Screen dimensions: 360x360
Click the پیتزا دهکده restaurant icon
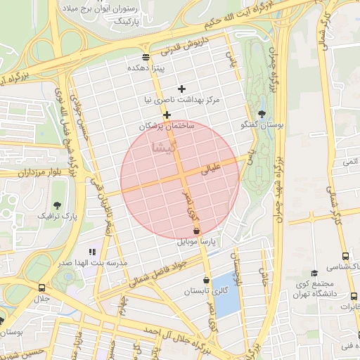146,57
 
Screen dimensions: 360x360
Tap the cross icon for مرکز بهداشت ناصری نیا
182,89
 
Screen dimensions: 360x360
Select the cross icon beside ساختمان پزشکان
167,115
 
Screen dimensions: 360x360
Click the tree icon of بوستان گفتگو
262,113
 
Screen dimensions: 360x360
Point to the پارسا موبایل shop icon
196,231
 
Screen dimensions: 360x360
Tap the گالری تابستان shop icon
206,280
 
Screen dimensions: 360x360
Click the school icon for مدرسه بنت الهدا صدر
91,251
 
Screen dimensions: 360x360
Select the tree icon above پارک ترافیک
57,205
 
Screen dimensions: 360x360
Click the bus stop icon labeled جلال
41,288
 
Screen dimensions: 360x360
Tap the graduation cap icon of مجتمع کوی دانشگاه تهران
314,272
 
